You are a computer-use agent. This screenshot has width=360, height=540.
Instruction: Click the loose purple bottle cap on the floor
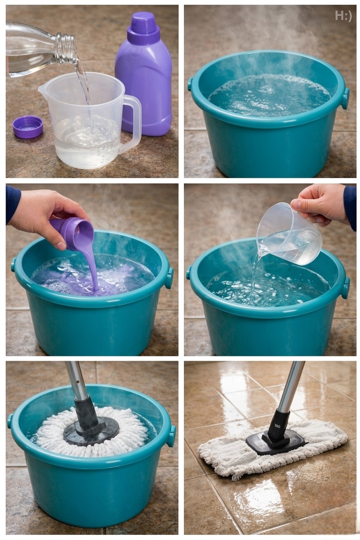tap(28, 126)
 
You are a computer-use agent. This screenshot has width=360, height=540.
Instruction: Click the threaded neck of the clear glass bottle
tap(66, 48)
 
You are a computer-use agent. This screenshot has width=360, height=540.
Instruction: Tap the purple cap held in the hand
tap(72, 233)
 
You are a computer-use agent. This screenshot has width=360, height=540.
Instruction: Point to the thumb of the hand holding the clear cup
tap(298, 205)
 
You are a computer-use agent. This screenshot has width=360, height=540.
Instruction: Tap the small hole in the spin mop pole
tap(78, 382)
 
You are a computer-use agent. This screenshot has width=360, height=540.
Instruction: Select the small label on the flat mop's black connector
tap(277, 426)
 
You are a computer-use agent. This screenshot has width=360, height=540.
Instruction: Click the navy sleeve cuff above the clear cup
tap(350, 207)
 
